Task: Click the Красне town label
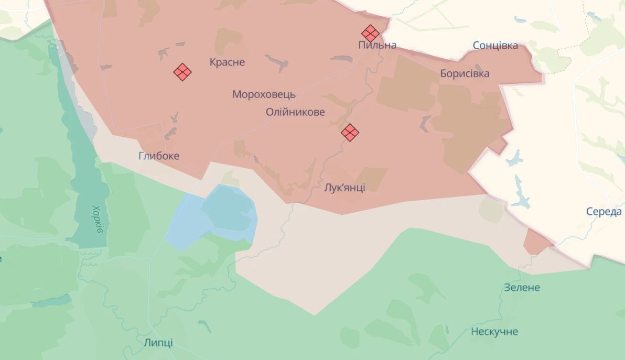(227, 62)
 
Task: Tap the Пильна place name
(377, 45)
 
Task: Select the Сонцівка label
(495, 45)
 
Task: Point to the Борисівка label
(465, 73)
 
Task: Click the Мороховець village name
(264, 94)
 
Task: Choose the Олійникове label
(295, 112)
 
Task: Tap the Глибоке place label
(159, 156)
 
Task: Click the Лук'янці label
(344, 188)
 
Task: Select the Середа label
(604, 212)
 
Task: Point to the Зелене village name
(521, 287)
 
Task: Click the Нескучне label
(494, 331)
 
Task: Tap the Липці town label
(158, 343)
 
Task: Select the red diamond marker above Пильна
(370, 33)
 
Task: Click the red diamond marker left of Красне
(182, 72)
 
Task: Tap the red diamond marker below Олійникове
(350, 132)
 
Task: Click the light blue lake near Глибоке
(220, 215)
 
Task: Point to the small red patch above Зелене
(537, 242)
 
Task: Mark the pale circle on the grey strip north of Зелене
(491, 210)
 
